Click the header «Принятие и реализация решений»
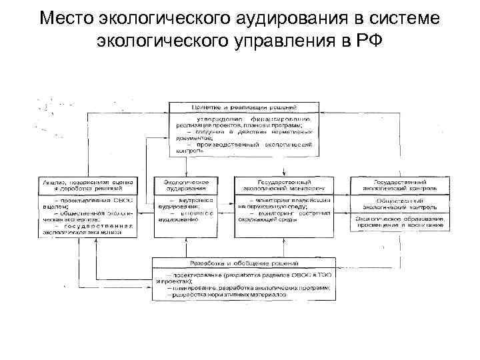coord(245,107)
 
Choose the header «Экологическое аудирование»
coord(187,185)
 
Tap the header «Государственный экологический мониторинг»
coord(284,185)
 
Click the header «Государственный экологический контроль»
coord(400,185)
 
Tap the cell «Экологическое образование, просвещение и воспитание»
coord(400,222)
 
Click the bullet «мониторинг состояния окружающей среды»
coord(284,217)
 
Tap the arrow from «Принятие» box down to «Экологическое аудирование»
coord(187,165)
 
